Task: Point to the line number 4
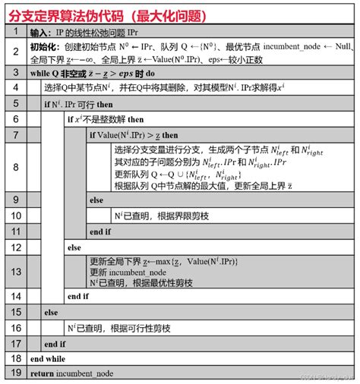[15, 88]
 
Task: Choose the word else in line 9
[96, 200]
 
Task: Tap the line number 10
[15, 216]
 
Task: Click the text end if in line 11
[99, 231]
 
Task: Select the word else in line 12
[74, 247]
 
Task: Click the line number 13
[15, 272]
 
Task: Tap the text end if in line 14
[77, 297]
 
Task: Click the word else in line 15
[51, 312]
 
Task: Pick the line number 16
[15, 328]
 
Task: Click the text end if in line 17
[55, 343]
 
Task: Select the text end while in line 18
[47, 358]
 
